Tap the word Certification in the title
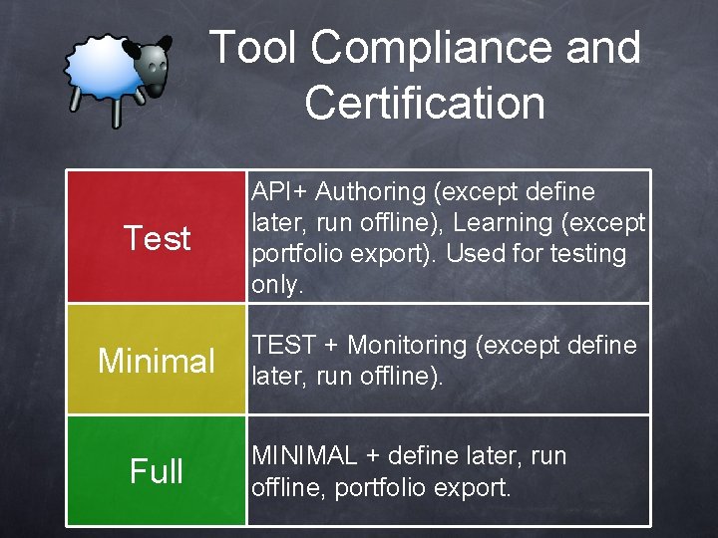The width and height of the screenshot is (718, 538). [x=425, y=103]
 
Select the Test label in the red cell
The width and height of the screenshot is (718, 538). [x=157, y=238]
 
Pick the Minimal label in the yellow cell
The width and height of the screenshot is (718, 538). [x=157, y=360]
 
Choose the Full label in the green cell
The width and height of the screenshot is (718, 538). [x=157, y=470]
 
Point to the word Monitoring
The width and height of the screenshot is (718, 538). [x=408, y=345]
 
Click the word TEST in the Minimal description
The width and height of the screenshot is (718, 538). [x=283, y=345]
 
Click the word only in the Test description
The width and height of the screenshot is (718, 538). [x=275, y=285]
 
